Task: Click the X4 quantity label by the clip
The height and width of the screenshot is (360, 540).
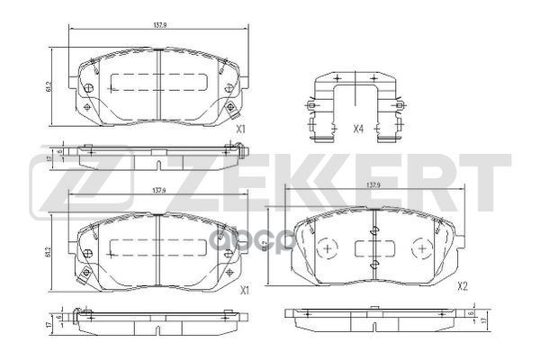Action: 357,129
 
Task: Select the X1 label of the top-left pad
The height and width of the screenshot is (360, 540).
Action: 240,129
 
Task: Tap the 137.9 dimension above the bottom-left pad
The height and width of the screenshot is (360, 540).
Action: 157,190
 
